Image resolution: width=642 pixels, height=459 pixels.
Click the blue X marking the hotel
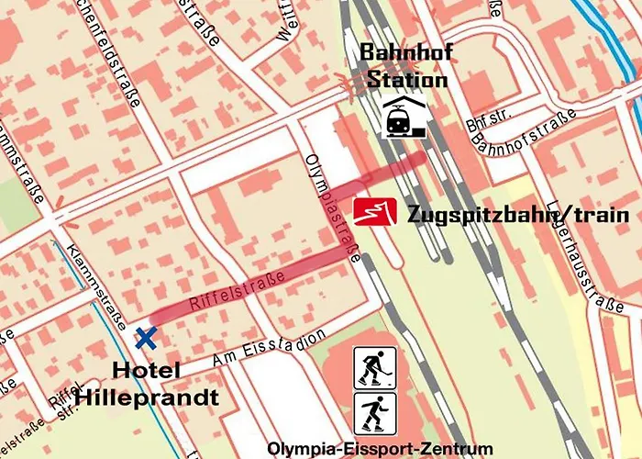pyautogui.click(x=145, y=338)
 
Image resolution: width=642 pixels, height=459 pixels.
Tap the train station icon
pyautogui.click(x=404, y=118)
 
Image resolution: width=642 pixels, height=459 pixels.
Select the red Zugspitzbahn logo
pyautogui.click(x=375, y=212)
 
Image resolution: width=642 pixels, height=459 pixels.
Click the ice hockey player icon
pyautogui.click(x=375, y=367)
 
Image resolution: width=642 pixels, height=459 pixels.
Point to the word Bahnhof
pyautogui.click(x=405, y=51)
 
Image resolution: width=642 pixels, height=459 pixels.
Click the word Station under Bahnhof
pyautogui.click(x=406, y=79)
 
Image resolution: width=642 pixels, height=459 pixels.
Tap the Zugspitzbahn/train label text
pyautogui.click(x=518, y=215)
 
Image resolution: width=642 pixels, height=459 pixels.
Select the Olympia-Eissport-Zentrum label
pyautogui.click(x=379, y=449)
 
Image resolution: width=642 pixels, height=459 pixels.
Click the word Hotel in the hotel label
pyautogui.click(x=147, y=371)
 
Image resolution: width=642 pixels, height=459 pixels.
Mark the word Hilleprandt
pyautogui.click(x=147, y=397)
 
